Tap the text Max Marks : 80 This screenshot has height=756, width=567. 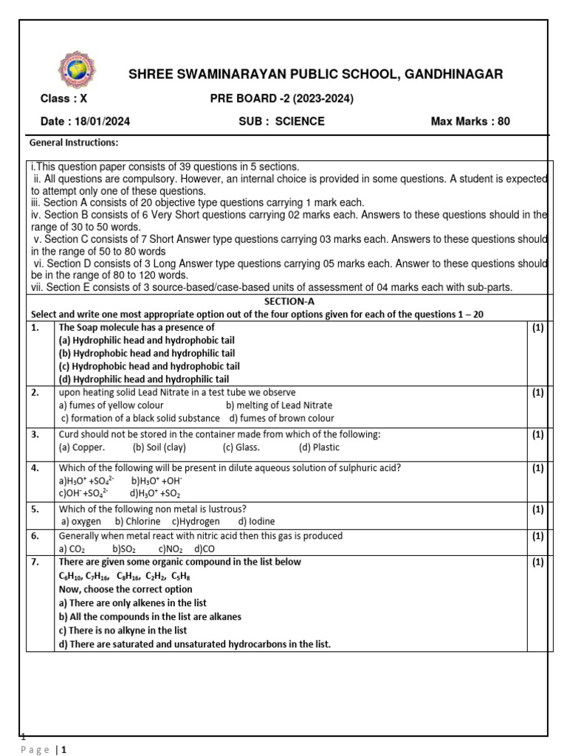point(470,121)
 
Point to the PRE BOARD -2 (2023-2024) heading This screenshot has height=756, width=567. point(281,98)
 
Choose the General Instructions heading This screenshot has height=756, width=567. point(73,142)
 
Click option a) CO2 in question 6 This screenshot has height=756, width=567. point(73,549)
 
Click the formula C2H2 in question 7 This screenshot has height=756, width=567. point(156,576)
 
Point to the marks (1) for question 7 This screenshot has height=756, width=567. point(537,563)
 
